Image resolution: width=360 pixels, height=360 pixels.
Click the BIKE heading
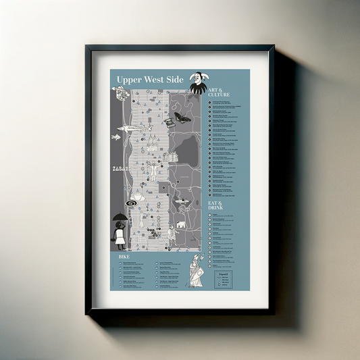[x=124, y=257]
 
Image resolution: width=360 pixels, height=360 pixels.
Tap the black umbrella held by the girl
[x=119, y=217]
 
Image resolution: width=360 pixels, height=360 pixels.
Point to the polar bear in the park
[x=181, y=225]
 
